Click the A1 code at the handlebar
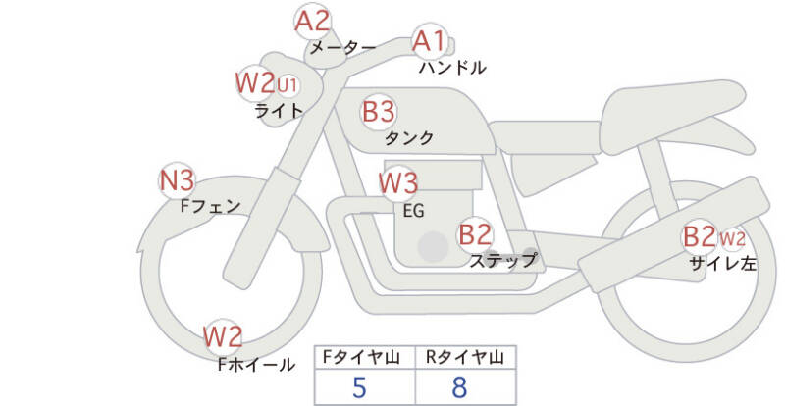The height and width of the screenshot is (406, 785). (x=428, y=42)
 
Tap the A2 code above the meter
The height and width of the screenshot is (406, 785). (x=313, y=21)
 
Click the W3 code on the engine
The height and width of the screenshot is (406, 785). (x=398, y=182)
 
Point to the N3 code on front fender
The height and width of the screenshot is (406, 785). (x=178, y=180)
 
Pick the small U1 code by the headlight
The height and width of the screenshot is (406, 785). (x=288, y=83)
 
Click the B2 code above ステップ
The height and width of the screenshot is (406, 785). (x=475, y=234)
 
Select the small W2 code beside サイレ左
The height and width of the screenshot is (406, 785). (x=732, y=237)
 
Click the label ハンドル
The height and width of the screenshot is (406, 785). (x=451, y=68)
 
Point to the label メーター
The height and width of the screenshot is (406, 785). (x=342, y=46)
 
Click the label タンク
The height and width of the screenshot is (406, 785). (x=409, y=138)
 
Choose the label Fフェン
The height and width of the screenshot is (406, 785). (x=211, y=206)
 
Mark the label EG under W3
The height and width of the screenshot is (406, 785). (x=413, y=209)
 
